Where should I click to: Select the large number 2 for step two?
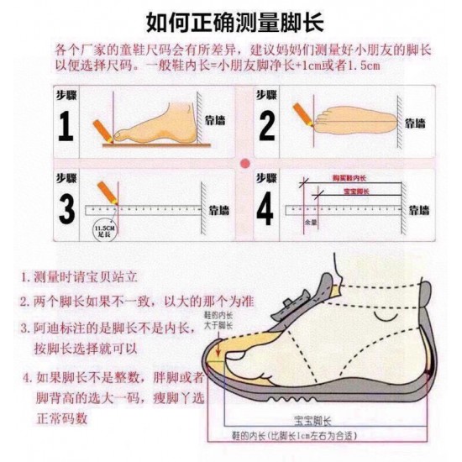tap(267, 125)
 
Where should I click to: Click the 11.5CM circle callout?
tap(104, 228)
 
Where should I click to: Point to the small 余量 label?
tap(310, 222)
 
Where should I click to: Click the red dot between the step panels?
tap(244, 162)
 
